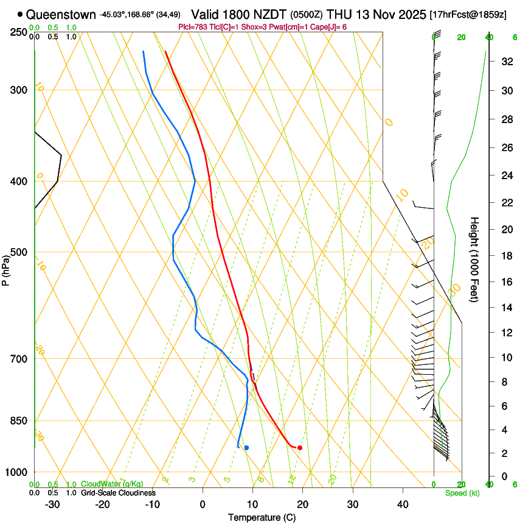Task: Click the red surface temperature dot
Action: coord(300,448)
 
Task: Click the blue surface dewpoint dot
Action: coord(246,448)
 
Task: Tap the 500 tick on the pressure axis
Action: coord(18,252)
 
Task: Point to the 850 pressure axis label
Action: coord(18,421)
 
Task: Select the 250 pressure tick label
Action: coord(18,32)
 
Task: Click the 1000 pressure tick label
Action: coord(15,472)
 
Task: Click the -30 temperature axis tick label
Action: coord(52,504)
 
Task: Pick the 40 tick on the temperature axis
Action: coord(403,504)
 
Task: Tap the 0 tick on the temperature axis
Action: coord(203,504)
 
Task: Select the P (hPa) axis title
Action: coord(5,268)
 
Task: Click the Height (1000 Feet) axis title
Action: coord(474,259)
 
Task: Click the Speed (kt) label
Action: coord(460,493)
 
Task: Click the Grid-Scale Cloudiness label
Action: coord(118,493)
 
